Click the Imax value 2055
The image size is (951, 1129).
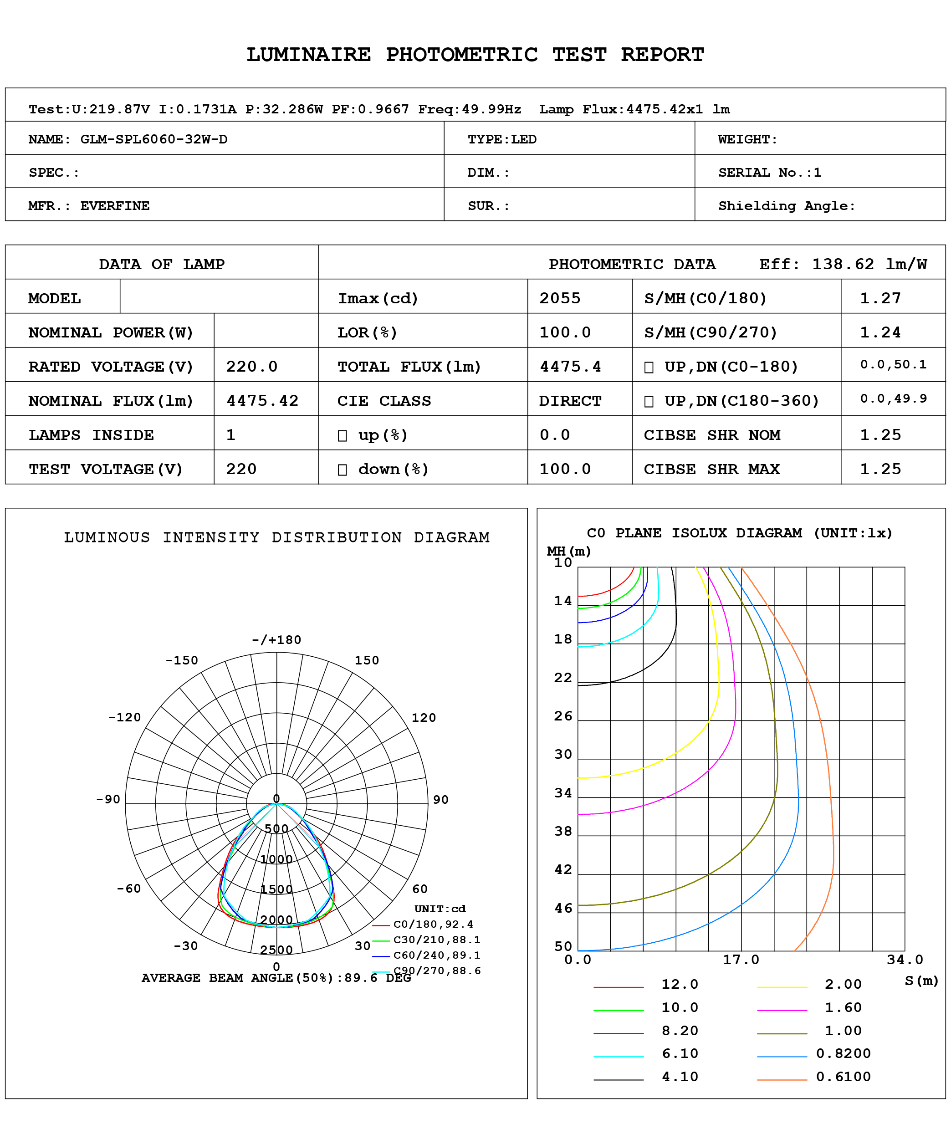click(560, 298)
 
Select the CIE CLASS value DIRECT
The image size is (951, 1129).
click(570, 401)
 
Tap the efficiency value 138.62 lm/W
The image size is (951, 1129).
click(869, 264)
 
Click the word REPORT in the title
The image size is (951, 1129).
click(662, 55)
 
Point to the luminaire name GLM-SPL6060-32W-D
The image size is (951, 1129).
click(153, 139)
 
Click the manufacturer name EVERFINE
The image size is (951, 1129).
click(115, 205)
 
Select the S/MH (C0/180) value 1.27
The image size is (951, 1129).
click(880, 298)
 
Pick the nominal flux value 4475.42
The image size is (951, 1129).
click(262, 401)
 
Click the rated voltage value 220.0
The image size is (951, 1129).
click(251, 367)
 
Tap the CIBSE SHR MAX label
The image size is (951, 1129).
click(711, 469)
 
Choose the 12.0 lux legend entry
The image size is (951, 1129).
click(679, 984)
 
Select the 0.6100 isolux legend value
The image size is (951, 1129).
click(843, 1076)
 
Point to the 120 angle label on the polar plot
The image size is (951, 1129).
click(423, 718)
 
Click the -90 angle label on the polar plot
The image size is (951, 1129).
click(108, 799)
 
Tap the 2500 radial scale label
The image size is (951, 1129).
click(276, 950)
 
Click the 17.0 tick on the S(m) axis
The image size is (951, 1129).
click(741, 959)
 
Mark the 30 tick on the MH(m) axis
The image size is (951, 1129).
click(563, 754)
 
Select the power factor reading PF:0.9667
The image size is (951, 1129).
click(370, 109)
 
